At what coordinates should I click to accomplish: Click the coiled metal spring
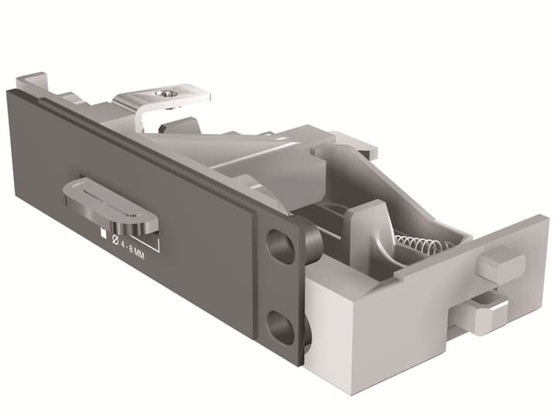pos(422,247)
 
